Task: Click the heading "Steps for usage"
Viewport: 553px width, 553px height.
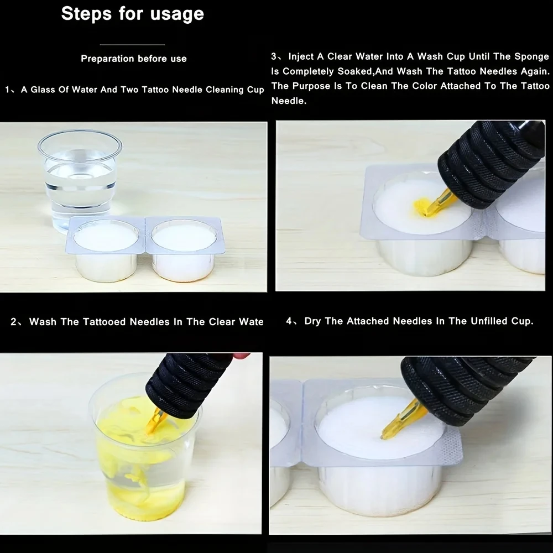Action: [x=133, y=14]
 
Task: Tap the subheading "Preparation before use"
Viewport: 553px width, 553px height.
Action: [x=134, y=59]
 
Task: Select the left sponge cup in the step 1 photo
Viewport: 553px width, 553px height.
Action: [x=106, y=249]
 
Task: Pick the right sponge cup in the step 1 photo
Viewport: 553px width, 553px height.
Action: [x=184, y=249]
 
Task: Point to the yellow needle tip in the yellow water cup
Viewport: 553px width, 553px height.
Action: [x=156, y=420]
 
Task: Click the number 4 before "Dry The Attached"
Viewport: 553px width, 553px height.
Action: [x=289, y=321]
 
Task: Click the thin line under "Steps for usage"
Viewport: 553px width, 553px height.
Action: [x=132, y=44]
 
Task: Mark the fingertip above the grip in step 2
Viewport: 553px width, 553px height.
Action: [x=241, y=356]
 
